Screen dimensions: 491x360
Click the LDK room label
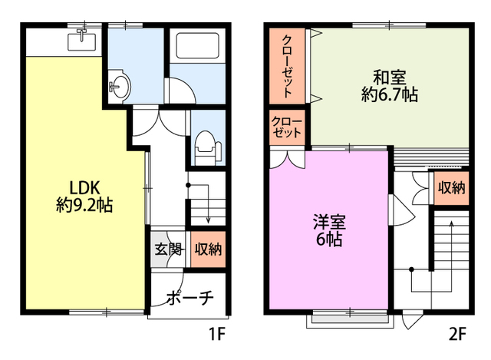(84, 188)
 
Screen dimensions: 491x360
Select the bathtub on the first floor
(197, 45)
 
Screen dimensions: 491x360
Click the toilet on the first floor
(206, 147)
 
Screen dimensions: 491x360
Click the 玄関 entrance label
(169, 249)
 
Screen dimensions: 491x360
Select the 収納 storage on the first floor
(208, 249)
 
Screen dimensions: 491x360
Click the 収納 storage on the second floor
(451, 188)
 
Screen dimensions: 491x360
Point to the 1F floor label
(217, 334)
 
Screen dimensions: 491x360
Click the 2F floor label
(457, 334)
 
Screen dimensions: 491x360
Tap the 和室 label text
(390, 78)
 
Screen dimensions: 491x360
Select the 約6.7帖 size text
(390, 94)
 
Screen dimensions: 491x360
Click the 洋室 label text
(329, 222)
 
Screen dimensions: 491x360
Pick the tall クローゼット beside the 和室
(287, 66)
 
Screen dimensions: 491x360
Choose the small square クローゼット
(287, 127)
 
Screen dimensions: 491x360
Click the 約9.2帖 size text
(84, 206)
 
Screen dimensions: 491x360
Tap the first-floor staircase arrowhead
(208, 220)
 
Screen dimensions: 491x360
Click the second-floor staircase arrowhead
(451, 223)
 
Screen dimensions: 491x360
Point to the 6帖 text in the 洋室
(329, 239)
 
